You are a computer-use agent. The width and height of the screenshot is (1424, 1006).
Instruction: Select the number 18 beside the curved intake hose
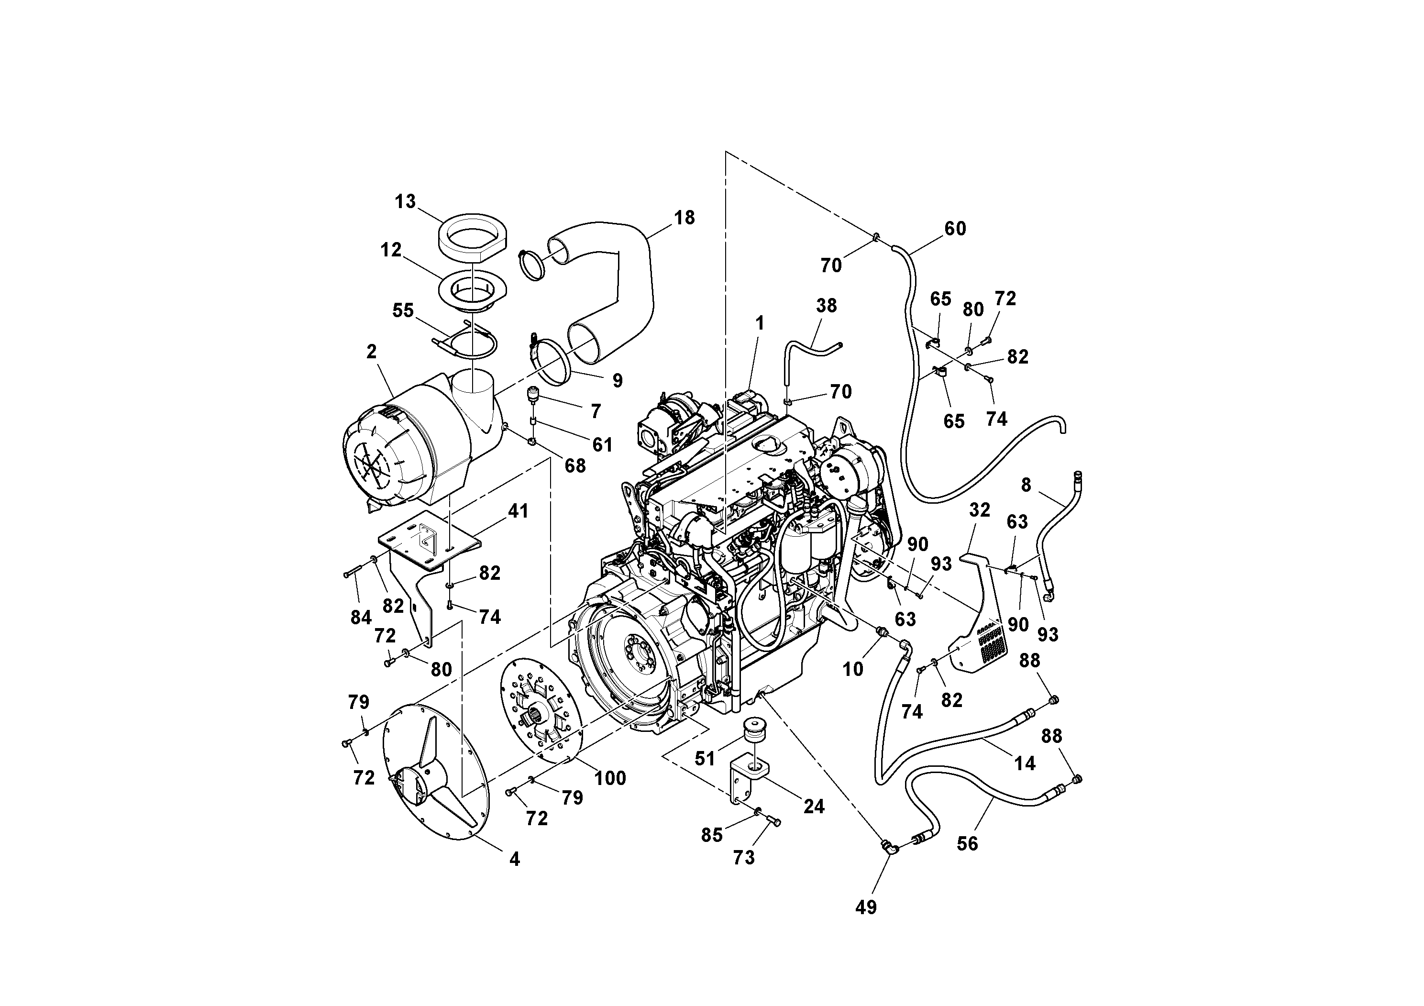684,218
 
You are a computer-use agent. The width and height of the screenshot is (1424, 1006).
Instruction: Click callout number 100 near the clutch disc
610,778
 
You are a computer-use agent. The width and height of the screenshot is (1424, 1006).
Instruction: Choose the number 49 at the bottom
866,907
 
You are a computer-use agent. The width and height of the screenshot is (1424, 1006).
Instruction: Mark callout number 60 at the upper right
955,228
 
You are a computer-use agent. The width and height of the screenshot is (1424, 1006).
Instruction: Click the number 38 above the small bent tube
826,305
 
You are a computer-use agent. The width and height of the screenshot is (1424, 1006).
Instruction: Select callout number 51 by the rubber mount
705,759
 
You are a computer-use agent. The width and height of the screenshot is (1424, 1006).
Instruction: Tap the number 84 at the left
361,617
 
